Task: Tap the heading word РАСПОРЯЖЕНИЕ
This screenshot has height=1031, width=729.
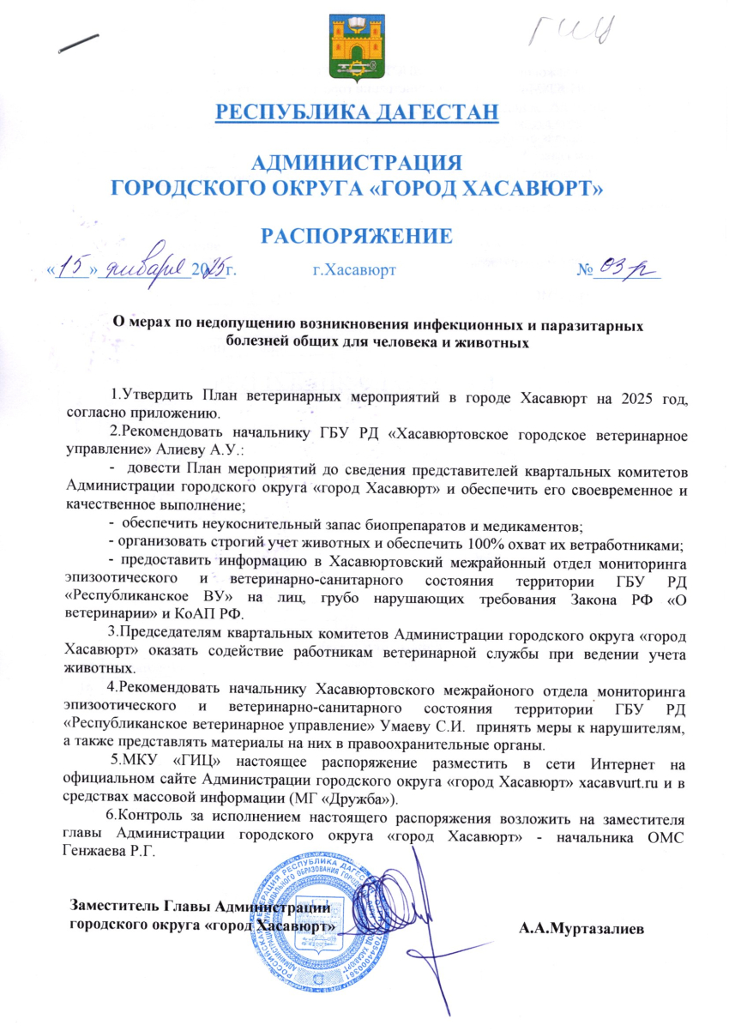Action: [x=364, y=236]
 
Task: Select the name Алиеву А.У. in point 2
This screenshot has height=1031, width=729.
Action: [x=215, y=448]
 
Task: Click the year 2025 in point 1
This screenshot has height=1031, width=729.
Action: [x=600, y=396]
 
